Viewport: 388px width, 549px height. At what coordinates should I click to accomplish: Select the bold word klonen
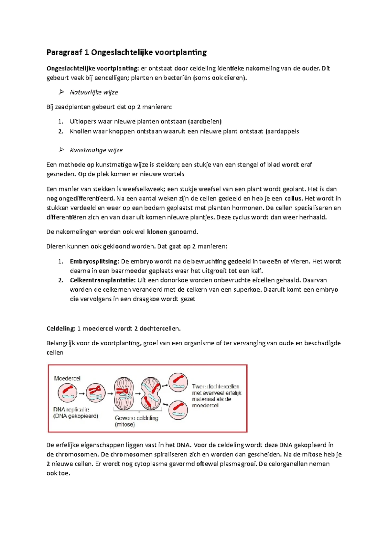point(157,232)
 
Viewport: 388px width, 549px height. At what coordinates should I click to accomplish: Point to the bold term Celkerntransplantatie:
point(102,280)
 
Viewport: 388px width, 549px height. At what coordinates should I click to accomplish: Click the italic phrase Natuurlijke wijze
point(94,92)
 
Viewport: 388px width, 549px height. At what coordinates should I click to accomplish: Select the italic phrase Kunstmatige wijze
point(96,150)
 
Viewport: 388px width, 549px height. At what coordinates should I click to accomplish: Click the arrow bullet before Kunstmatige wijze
point(61,150)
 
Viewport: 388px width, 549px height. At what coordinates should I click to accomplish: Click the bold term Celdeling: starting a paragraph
point(61,328)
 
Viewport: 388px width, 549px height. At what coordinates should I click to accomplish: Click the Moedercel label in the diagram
point(67,378)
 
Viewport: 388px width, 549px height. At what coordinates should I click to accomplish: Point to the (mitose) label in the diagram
point(125,425)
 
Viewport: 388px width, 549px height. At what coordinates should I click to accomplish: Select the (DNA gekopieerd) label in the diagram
point(76,416)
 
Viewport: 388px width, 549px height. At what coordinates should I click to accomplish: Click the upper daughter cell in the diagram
point(178,382)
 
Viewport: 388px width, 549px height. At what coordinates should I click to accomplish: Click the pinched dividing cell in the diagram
point(151,394)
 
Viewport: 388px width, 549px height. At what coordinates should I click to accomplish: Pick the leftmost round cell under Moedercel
point(67,393)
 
